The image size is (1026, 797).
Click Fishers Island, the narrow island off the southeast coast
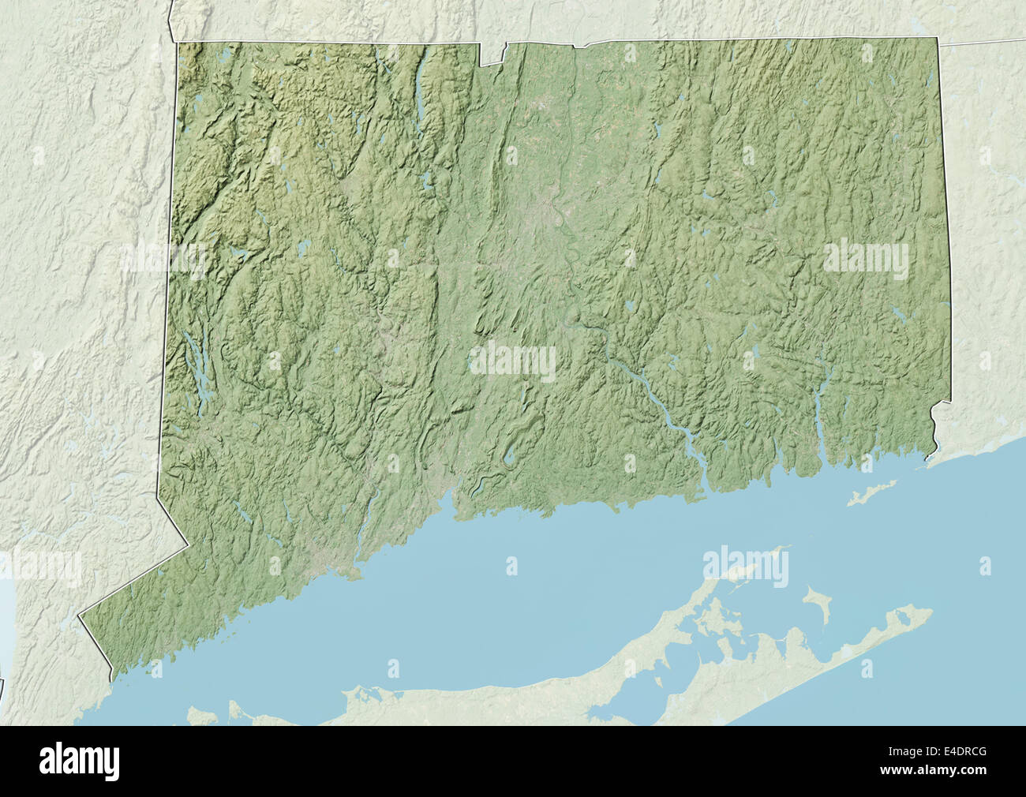coord(874,492)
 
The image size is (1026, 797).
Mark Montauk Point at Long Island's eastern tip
coord(930,612)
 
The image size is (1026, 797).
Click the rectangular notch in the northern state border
coord(492,54)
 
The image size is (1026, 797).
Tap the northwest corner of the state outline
coord(177,43)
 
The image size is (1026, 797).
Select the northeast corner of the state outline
coord(938,38)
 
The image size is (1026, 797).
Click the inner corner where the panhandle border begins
coord(189,544)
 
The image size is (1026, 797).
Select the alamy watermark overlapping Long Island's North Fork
coord(745,565)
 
